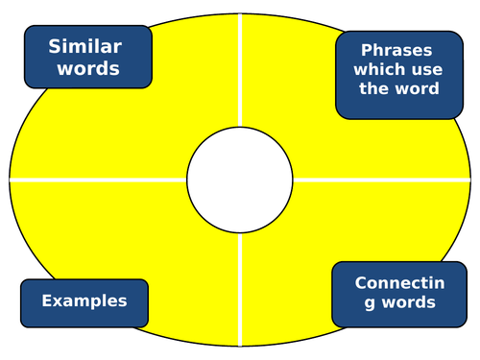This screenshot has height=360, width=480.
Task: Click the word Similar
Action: (86, 46)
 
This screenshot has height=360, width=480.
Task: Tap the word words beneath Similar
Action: (86, 68)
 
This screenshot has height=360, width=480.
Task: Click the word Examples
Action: (84, 300)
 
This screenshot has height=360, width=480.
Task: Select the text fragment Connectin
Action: (395, 283)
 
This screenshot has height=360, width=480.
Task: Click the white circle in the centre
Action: (239, 180)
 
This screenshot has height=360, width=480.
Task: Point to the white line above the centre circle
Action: (239, 77)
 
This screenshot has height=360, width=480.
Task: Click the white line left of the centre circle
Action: (96, 180)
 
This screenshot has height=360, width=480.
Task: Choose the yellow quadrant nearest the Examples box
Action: (144, 240)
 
